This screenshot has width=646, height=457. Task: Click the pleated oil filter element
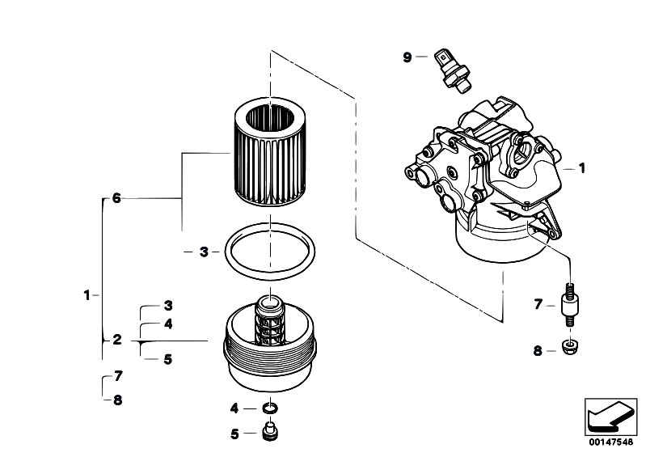[270, 151]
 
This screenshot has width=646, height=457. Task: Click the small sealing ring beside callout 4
[270, 408]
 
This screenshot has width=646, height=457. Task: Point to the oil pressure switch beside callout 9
[452, 71]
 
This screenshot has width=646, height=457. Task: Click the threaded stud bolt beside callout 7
[570, 305]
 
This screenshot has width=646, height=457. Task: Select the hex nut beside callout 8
[570, 348]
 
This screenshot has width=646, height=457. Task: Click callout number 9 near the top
[407, 57]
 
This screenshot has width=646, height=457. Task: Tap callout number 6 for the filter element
[116, 198]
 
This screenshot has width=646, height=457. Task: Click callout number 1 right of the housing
[582, 168]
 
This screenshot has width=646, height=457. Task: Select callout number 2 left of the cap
[117, 340]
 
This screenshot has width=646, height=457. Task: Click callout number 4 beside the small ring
[234, 408]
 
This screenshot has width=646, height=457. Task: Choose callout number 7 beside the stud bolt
[538, 304]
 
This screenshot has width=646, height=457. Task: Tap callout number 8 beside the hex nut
[538, 351]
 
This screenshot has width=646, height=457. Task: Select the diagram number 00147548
[611, 442]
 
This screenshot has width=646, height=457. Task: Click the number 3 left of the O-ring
[204, 252]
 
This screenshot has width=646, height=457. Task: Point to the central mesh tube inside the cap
[270, 321]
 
